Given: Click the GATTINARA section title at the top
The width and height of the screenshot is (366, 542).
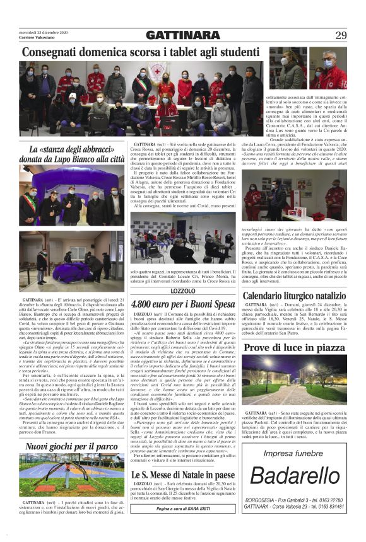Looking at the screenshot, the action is tap(182, 35).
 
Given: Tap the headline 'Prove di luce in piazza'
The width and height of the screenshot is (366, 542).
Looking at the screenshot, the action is tap(294, 348).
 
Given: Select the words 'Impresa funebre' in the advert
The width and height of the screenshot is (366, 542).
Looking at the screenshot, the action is tap(294, 453).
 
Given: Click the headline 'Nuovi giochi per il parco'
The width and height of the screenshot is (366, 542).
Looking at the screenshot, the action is tap(72, 447).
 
